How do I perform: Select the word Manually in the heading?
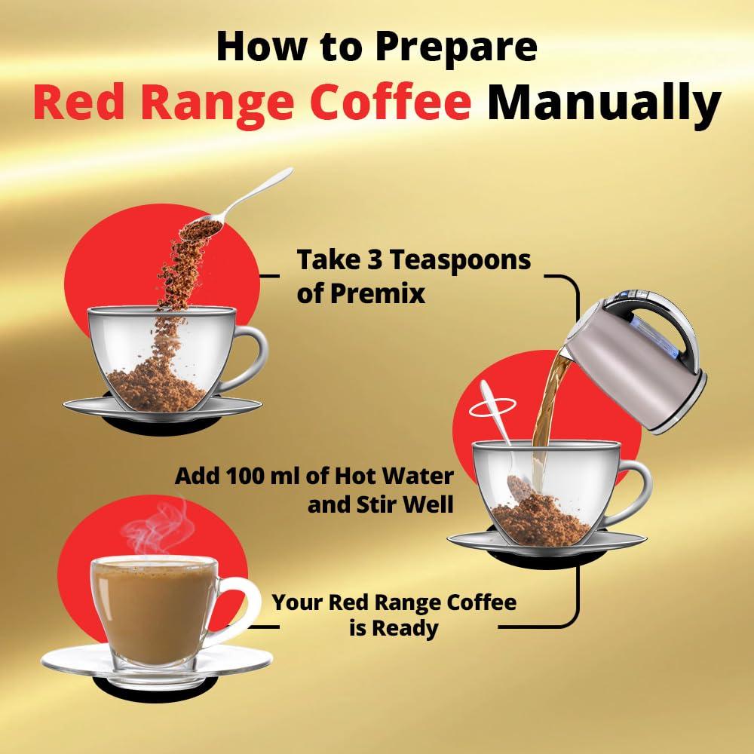click(603, 103)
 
